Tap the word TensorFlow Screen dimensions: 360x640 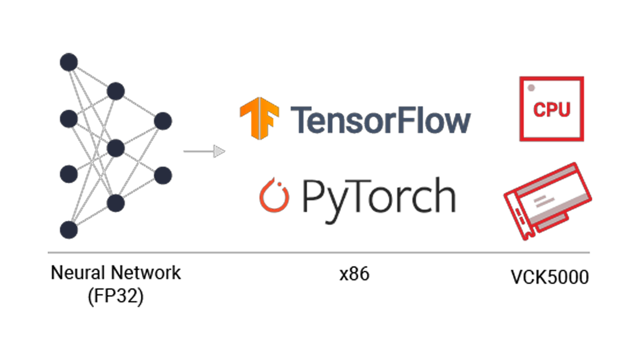click(x=380, y=119)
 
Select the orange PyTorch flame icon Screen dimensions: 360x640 click(x=274, y=196)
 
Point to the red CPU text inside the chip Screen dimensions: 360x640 click(x=552, y=110)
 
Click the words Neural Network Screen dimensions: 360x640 click(x=116, y=273)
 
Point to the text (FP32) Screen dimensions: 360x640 click(x=116, y=296)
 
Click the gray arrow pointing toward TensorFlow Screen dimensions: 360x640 click(x=205, y=152)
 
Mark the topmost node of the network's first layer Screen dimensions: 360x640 click(x=69, y=62)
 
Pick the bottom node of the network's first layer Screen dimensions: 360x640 click(x=69, y=230)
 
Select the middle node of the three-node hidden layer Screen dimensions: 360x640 click(x=116, y=147)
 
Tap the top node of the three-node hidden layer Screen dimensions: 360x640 click(x=116, y=91)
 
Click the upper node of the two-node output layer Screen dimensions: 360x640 click(x=163, y=121)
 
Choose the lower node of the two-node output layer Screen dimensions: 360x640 click(x=163, y=175)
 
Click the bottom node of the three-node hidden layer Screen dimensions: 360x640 click(x=116, y=203)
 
